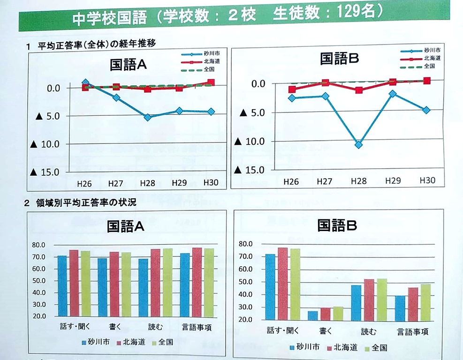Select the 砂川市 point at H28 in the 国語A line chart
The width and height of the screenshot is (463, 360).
[147, 117]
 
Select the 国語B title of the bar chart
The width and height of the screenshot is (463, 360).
[337, 226]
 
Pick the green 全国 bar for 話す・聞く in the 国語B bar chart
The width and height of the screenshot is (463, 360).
[295, 284]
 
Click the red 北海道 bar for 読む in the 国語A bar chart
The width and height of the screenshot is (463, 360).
[155, 282]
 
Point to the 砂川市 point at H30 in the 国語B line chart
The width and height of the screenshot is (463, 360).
[426, 110]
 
